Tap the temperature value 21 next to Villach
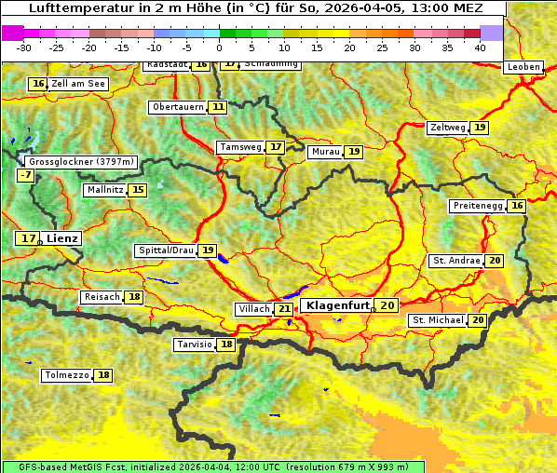[x=284, y=309]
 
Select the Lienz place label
[x=62, y=238]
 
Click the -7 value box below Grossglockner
[x=25, y=175]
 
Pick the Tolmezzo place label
[x=66, y=375]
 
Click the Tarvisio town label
[x=196, y=345]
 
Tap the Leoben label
[x=523, y=67]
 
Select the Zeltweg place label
[x=448, y=128]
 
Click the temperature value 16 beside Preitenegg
[x=516, y=206]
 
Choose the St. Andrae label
[x=455, y=261]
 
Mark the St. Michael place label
[x=438, y=320]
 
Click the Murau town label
[x=325, y=152]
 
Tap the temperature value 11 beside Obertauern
[x=218, y=107]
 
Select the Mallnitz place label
[x=103, y=190]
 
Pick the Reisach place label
[x=102, y=297]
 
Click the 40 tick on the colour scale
[x=480, y=47]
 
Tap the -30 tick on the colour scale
[x=24, y=47]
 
